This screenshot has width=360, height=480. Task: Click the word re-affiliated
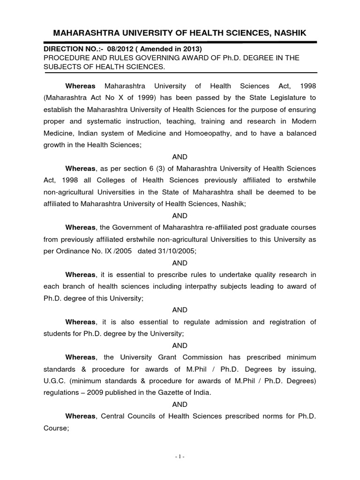(x=201, y=227)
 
